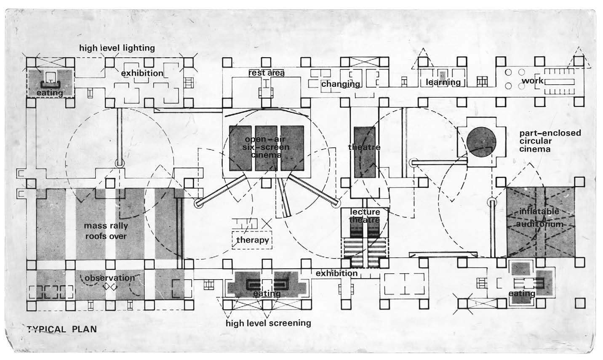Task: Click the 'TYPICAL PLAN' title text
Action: (62, 329)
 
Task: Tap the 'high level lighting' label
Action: (117, 48)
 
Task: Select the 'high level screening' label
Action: (268, 323)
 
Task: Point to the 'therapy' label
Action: (252, 240)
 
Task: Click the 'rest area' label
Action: (267, 73)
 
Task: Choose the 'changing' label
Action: (341, 84)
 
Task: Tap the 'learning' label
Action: (443, 82)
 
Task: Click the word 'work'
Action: (532, 80)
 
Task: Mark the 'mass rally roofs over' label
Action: (106, 231)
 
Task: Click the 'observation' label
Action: (110, 278)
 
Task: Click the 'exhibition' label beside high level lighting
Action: (142, 73)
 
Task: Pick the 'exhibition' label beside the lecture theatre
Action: (336, 273)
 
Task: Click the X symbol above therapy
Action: (266, 223)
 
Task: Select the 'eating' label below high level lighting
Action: (49, 93)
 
